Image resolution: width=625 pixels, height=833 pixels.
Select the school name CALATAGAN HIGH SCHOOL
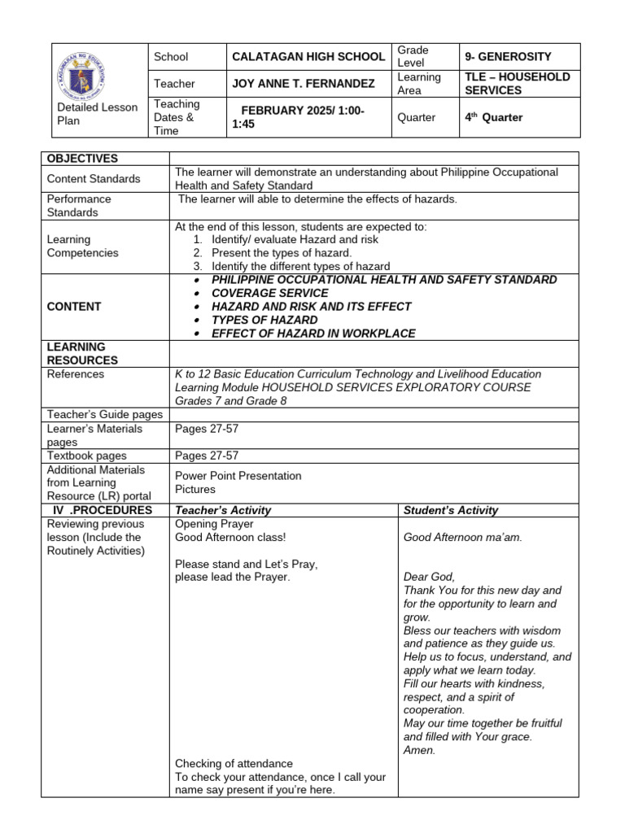tap(308, 57)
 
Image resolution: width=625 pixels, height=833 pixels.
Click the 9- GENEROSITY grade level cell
tap(508, 57)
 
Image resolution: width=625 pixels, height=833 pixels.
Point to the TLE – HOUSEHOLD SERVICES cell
tap(518, 84)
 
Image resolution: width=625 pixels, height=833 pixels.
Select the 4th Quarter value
tap(493, 117)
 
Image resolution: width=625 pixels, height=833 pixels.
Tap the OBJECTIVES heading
tap(82, 159)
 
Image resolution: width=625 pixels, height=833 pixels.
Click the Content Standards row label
tap(94, 179)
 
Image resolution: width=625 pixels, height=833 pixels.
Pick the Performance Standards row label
tap(80, 206)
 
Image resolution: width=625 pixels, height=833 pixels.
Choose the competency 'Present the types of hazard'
tap(282, 253)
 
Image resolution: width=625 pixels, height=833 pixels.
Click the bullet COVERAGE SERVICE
tap(269, 293)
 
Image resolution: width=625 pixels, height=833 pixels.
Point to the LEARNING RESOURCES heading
tap(82, 353)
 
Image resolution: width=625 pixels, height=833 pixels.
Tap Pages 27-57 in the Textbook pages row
tap(207, 456)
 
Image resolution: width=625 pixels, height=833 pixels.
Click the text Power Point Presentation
tap(238, 476)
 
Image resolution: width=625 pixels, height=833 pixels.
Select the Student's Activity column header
tap(451, 510)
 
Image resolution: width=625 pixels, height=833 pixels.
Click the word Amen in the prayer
tap(419, 750)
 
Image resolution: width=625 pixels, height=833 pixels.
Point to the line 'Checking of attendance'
tap(234, 763)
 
